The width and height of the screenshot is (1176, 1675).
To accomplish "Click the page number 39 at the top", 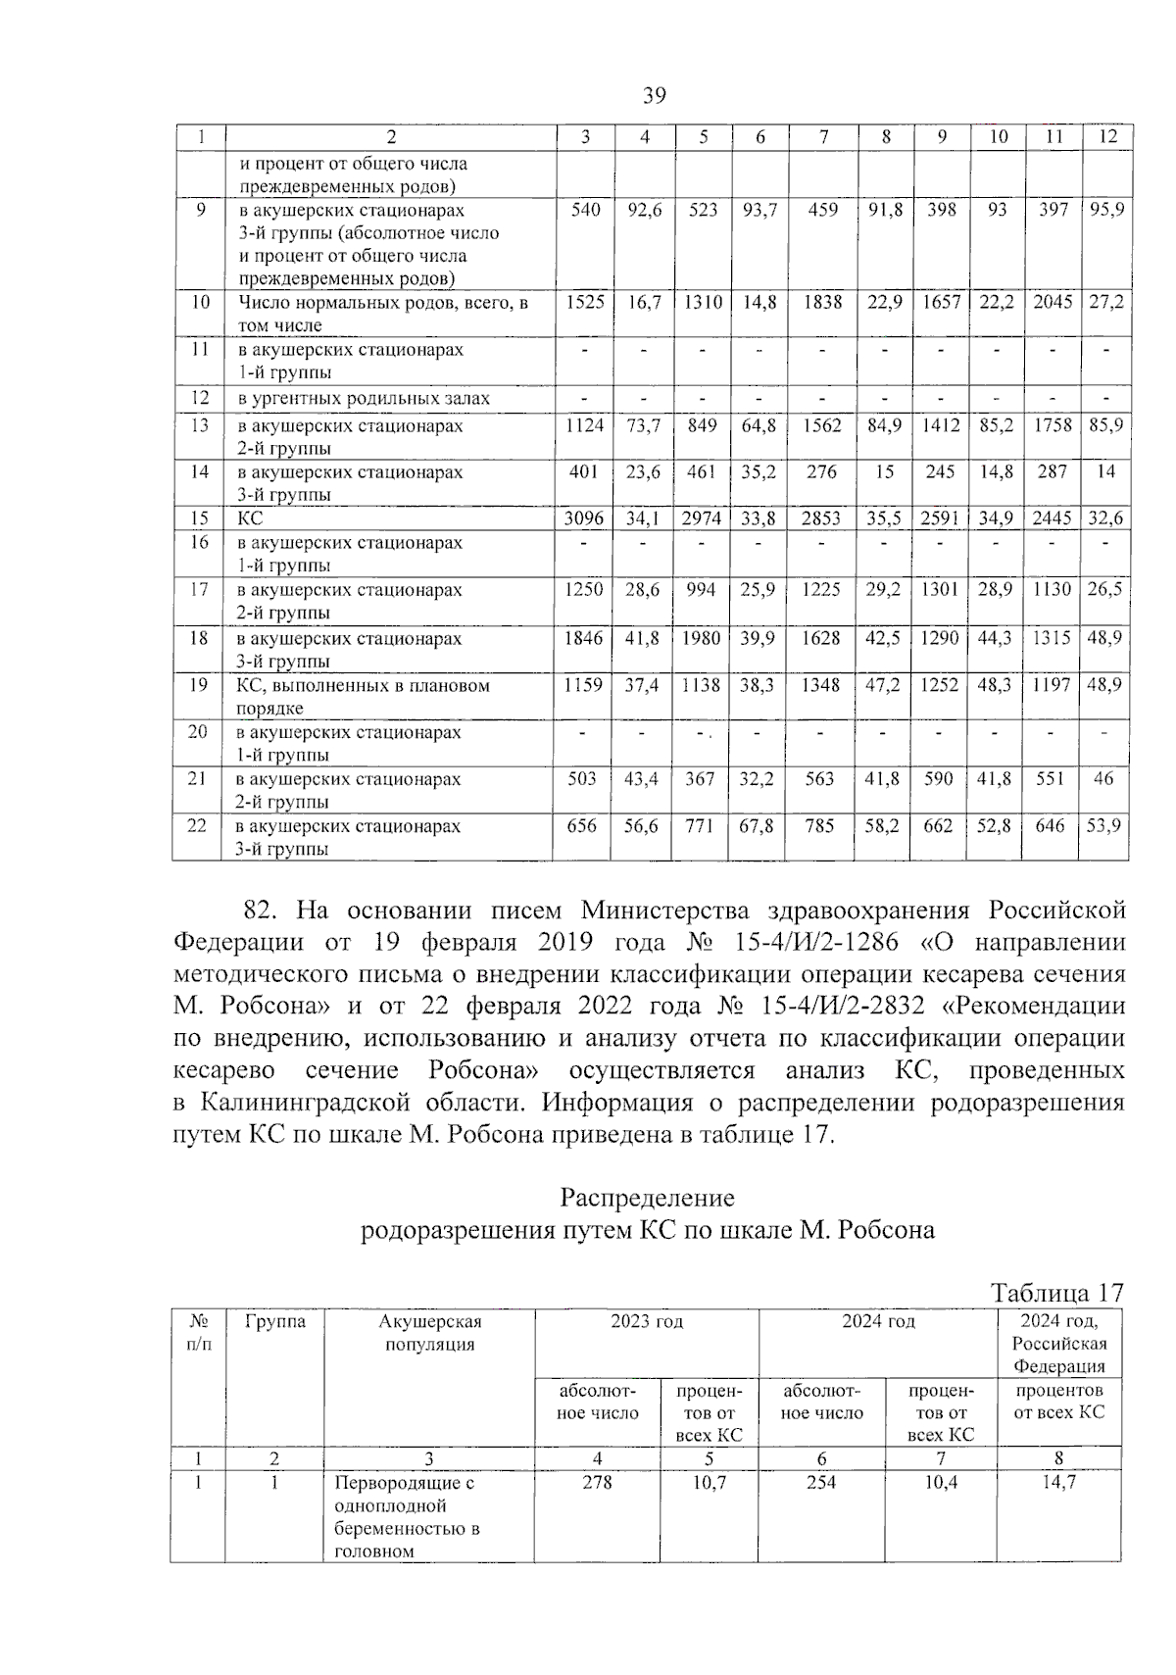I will (x=655, y=95).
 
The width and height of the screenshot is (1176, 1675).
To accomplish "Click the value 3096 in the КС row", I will (x=584, y=518).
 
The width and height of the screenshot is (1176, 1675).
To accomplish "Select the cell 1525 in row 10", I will (x=585, y=303).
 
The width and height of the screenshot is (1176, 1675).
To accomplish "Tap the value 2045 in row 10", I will (x=1053, y=303).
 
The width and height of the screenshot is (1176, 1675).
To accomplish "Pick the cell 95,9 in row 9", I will (x=1106, y=210).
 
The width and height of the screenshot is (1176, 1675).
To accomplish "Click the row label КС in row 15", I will (x=251, y=519).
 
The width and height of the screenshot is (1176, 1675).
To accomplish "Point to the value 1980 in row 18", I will (x=702, y=638).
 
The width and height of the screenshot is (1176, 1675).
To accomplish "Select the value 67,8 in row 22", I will (x=758, y=826).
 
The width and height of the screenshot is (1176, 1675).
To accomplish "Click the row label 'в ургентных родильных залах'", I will (x=364, y=399).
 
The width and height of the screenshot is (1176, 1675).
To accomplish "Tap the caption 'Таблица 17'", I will (x=1056, y=1293).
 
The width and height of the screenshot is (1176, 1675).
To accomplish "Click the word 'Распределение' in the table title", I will (x=647, y=1198).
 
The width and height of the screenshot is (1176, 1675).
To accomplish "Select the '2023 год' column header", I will (x=647, y=1321).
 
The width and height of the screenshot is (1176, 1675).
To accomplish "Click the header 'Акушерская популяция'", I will (x=429, y=1333).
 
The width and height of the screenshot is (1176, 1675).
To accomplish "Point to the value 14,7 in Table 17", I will (x=1058, y=1483).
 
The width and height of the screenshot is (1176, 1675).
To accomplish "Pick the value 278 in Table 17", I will (x=597, y=1483).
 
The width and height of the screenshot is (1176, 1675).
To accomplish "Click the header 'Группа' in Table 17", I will (x=275, y=1321).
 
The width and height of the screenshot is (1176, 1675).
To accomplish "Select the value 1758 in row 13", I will (x=1053, y=425).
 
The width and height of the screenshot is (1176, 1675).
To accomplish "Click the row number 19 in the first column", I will (x=199, y=685).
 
